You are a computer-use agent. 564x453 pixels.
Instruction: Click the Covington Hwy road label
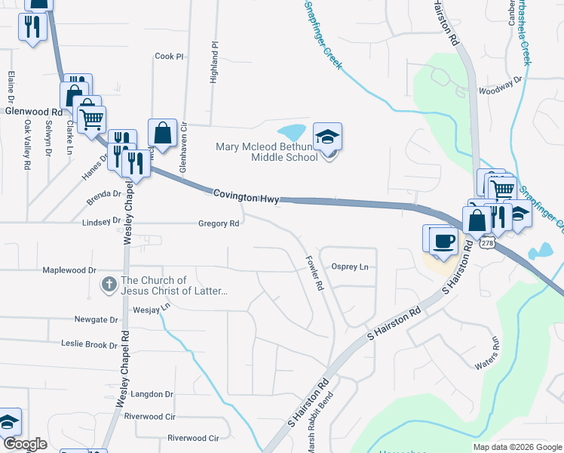(x=246, y=196)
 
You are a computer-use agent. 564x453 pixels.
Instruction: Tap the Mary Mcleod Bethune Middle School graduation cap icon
(x=327, y=137)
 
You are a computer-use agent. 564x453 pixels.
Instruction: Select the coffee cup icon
(x=443, y=240)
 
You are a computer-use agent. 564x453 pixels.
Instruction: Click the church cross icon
(x=109, y=285)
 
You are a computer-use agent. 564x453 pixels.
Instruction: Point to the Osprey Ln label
(x=350, y=267)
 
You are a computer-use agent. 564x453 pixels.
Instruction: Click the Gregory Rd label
(x=219, y=223)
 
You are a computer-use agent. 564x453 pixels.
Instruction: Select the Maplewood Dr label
(x=69, y=270)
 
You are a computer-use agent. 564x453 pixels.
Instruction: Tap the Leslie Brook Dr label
(x=89, y=344)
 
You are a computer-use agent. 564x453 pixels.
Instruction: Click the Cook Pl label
(x=169, y=57)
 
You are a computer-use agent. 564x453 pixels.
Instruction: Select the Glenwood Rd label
(x=33, y=111)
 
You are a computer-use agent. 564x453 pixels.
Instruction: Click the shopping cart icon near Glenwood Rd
(x=92, y=119)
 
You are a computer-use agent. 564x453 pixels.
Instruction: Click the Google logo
(x=25, y=444)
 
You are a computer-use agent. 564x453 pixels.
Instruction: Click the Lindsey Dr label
(x=101, y=222)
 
